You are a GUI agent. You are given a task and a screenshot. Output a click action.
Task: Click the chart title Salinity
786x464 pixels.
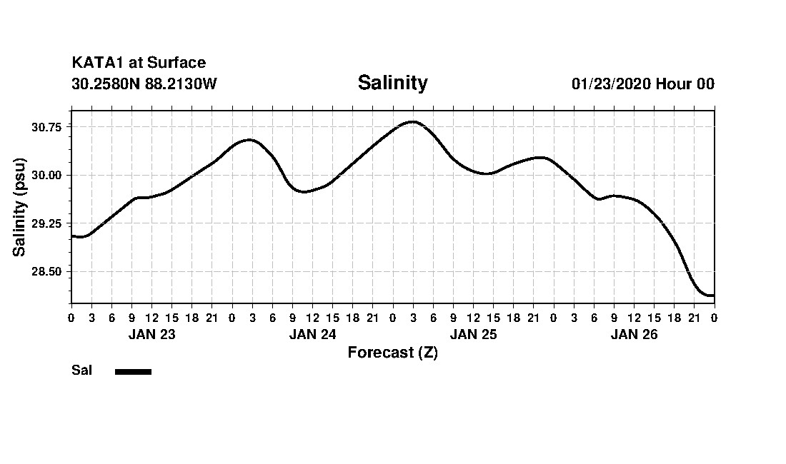pyautogui.click(x=392, y=83)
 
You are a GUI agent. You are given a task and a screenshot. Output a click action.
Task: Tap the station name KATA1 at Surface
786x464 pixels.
pyautogui.click(x=139, y=63)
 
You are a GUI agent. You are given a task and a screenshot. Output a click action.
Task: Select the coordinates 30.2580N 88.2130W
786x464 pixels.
pyautogui.click(x=144, y=84)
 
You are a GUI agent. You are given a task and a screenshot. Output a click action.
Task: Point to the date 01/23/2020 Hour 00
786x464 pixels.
pyautogui.click(x=642, y=84)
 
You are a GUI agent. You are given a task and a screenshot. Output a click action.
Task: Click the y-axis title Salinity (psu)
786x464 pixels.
pyautogui.click(x=19, y=207)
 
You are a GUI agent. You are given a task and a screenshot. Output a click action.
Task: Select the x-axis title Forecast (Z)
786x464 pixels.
pyautogui.click(x=392, y=352)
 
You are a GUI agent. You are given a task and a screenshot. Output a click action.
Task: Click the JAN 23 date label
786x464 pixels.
pyautogui.click(x=151, y=334)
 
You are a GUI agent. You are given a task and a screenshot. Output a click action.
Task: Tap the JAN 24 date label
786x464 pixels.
pyautogui.click(x=312, y=334)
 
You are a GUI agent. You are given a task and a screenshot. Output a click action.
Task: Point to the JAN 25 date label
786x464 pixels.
pyautogui.click(x=473, y=334)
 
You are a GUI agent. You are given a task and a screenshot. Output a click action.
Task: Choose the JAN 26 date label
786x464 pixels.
pyautogui.click(x=634, y=334)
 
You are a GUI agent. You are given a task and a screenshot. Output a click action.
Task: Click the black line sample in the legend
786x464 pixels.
pyautogui.click(x=133, y=371)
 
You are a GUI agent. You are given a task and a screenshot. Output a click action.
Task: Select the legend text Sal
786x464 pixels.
pyautogui.click(x=81, y=370)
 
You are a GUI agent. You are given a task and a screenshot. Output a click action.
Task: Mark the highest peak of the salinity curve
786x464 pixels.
pyautogui.click(x=412, y=121)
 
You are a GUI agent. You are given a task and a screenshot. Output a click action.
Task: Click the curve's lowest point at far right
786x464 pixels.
pyautogui.click(x=710, y=295)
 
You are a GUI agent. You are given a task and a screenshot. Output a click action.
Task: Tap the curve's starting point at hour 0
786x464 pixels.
pyautogui.click(x=71, y=236)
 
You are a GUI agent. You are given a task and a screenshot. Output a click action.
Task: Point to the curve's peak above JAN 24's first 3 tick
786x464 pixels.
pyautogui.click(x=249, y=140)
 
